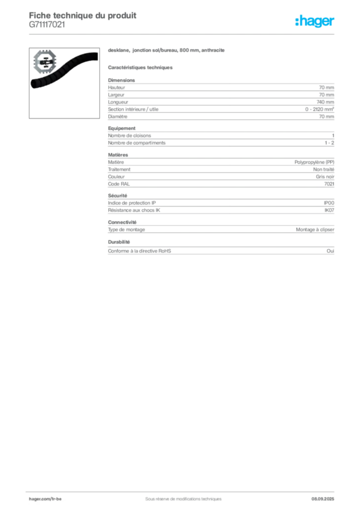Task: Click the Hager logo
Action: pyautogui.click(x=315, y=21)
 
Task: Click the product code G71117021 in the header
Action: pyautogui.click(x=47, y=25)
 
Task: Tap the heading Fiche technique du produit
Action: pyautogui.click(x=83, y=15)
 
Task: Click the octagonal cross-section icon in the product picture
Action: pyautogui.click(x=45, y=61)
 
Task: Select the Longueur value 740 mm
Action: pyautogui.click(x=325, y=102)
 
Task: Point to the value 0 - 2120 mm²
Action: pyautogui.click(x=319, y=109)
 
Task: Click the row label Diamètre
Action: pyautogui.click(x=117, y=116)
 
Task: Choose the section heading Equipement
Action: pyautogui.click(x=122, y=128)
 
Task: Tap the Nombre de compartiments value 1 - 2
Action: pyautogui.click(x=330, y=143)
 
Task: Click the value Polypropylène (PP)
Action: pyautogui.click(x=314, y=162)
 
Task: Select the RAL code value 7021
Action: pyautogui.click(x=329, y=184)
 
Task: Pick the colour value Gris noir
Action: pyautogui.click(x=325, y=176)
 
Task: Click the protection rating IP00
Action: pyautogui.click(x=329, y=203)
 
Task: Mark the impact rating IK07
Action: pyautogui.click(x=329, y=210)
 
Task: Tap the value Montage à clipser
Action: pyautogui.click(x=315, y=230)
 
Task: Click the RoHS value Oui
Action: pyautogui.click(x=330, y=251)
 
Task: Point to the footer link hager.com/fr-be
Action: pyautogui.click(x=45, y=499)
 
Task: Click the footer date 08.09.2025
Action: pyautogui.click(x=323, y=499)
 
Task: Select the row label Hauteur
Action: pyautogui.click(x=116, y=87)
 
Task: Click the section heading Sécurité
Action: pyautogui.click(x=117, y=196)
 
